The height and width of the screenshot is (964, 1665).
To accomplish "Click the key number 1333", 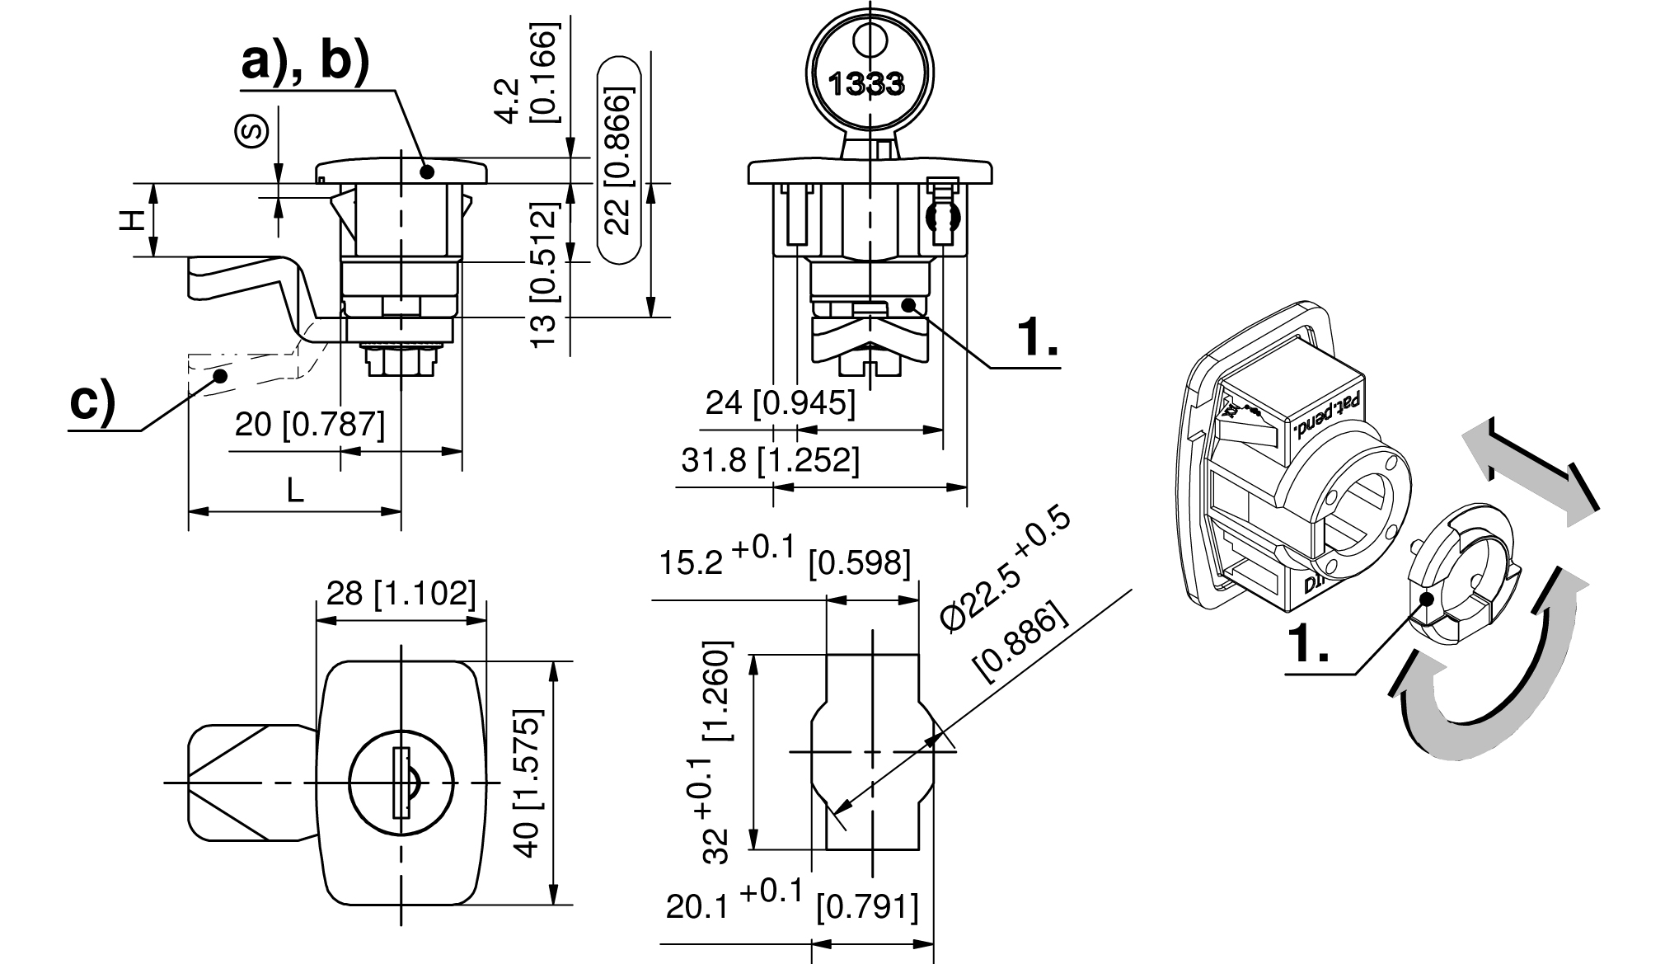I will point(865,83).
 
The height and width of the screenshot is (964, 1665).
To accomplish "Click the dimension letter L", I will point(295,491).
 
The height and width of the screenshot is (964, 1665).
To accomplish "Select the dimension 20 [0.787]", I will point(310,426).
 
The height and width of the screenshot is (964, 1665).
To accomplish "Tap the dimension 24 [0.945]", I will point(781,403).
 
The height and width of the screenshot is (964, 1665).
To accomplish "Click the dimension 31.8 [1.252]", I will point(770,460).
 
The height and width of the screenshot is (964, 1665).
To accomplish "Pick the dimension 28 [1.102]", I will point(401,592).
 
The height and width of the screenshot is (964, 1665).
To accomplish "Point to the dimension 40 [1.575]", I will point(528,783).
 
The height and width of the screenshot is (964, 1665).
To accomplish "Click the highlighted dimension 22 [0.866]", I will point(618,160).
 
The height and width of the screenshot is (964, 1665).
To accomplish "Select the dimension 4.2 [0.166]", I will point(528,73).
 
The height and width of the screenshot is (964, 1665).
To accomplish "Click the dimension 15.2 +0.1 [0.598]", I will point(785,561).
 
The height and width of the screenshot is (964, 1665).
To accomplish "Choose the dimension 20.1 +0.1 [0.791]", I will point(792,905).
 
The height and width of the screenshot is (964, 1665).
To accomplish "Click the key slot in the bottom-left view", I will point(401,783).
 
